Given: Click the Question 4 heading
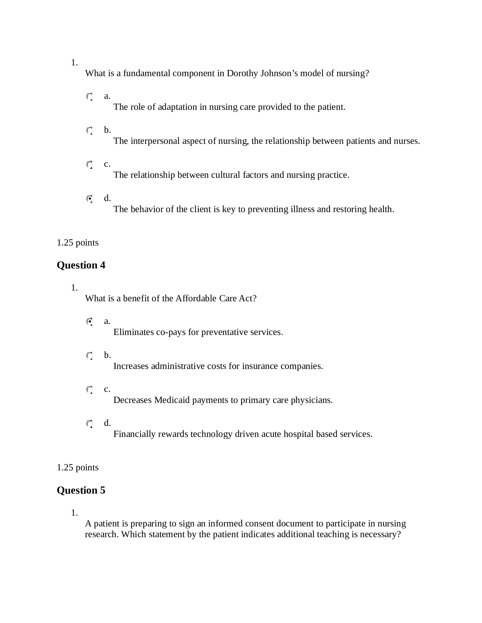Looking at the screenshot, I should (x=81, y=265).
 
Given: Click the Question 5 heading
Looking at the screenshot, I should (x=81, y=490).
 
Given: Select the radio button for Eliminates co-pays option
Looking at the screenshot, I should (x=90, y=322).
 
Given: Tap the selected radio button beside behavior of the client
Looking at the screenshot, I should (x=90, y=199).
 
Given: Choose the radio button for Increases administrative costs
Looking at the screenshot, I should (x=90, y=356).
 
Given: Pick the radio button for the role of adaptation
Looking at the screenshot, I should (x=90, y=96).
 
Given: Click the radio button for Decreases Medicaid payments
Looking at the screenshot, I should (x=90, y=390).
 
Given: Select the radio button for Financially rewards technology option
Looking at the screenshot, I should (x=90, y=423).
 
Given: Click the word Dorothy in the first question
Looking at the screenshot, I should (x=242, y=74).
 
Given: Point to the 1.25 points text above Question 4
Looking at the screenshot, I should (x=78, y=243).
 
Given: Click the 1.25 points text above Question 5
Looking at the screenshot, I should (x=78, y=468).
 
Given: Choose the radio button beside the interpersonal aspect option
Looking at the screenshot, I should (x=90, y=131).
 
